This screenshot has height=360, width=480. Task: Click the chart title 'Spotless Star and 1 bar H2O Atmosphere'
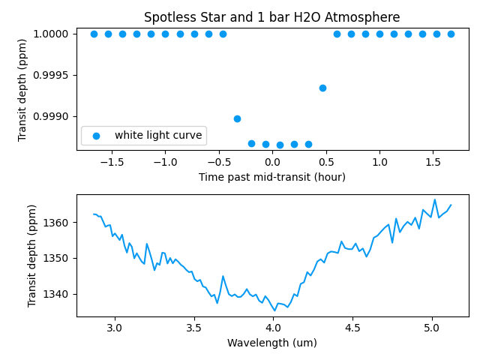(271, 17)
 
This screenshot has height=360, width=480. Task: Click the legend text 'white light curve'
(158, 136)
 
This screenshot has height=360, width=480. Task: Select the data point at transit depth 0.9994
(322, 88)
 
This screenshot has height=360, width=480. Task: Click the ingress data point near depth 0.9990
(237, 118)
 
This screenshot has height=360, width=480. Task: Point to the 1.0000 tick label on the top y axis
(52, 34)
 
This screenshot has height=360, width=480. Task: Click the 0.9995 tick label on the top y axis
(52, 75)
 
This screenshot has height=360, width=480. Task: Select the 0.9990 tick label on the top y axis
(52, 116)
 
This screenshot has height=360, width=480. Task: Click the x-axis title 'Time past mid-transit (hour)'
(271, 177)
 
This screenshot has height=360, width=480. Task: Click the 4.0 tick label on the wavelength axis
(273, 328)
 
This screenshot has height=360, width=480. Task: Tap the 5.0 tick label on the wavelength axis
(432, 328)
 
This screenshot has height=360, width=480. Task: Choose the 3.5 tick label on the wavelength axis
(193, 328)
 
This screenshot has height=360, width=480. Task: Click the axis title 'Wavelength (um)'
(271, 343)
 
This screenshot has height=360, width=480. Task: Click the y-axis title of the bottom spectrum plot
(32, 255)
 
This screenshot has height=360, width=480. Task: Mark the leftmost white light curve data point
(94, 34)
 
